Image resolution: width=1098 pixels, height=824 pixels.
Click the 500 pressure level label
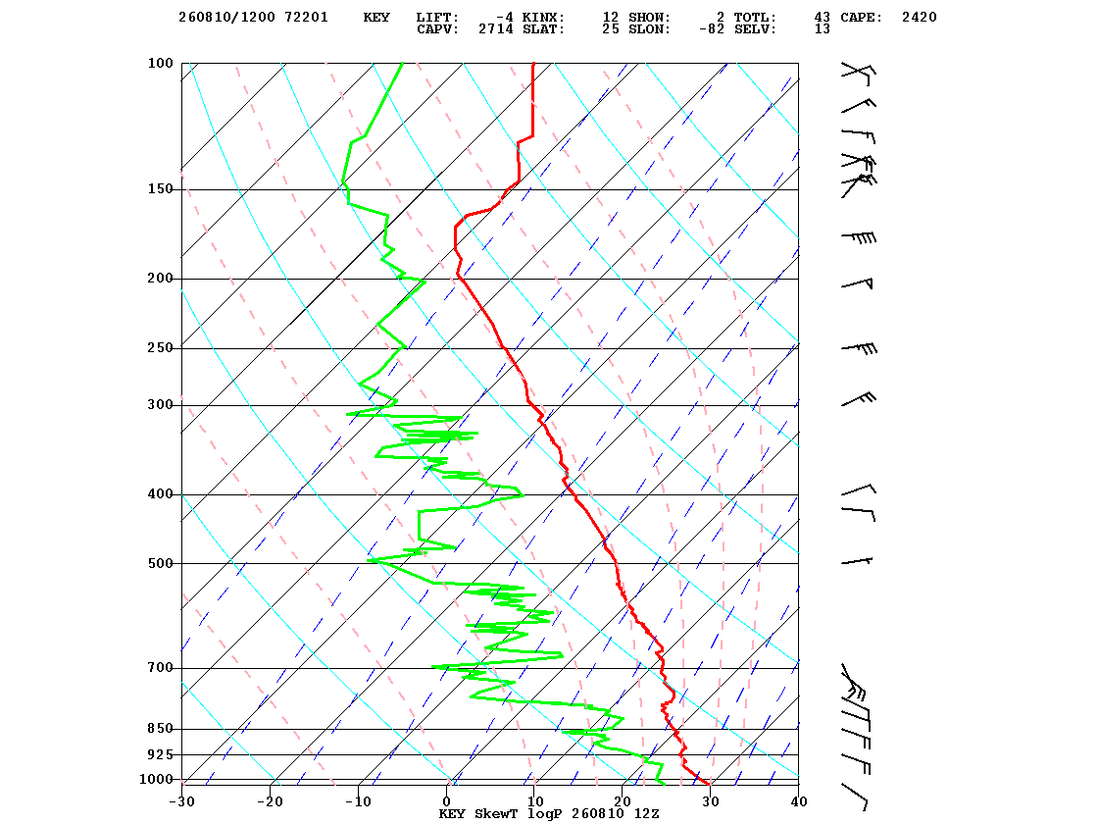pos(160,563)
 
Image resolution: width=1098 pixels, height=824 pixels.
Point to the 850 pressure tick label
pos(160,729)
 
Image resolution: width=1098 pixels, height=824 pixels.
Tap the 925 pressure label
pos(160,754)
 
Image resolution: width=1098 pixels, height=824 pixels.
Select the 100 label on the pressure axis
pos(160,63)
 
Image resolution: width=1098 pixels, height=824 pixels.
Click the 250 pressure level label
pos(160,348)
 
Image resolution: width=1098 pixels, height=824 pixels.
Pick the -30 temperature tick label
pos(181,801)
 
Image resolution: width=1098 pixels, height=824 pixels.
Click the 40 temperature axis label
pos(798,801)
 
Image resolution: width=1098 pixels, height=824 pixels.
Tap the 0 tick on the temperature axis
pos(447,801)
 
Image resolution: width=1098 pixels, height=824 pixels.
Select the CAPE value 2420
pos(919,18)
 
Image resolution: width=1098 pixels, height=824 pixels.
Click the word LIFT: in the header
pos(437,18)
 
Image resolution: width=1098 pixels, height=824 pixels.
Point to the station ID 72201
pos(306,18)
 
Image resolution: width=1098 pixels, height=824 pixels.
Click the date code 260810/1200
pos(226,18)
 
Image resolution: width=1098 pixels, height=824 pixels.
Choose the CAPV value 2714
pos(496,29)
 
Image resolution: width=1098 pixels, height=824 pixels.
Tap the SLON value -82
pos(712,29)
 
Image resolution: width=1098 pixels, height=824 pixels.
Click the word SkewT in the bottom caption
pos(496,813)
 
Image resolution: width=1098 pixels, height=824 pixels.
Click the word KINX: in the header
pos(543,18)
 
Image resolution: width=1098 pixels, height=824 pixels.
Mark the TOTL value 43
pos(823,18)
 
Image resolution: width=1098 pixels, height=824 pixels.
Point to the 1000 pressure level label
pos(156,779)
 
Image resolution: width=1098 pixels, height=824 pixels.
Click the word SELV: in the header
pos(755,29)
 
